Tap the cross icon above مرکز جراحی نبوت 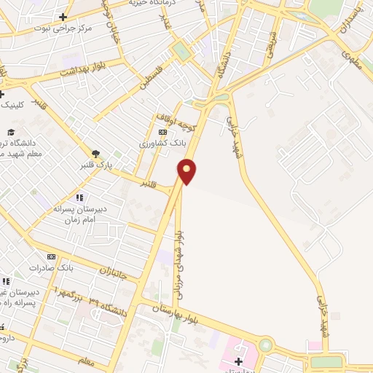(x=63, y=17)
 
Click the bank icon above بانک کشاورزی (x=162, y=132)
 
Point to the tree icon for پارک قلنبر (x=95, y=153)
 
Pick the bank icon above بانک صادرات (x=51, y=256)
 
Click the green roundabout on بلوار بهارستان (x=265, y=344)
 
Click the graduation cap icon (x=11, y=131)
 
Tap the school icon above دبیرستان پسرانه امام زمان (x=79, y=197)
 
